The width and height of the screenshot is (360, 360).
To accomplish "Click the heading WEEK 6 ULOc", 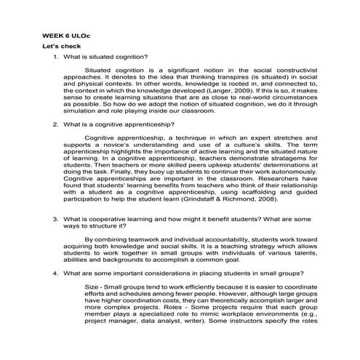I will tap(68, 34).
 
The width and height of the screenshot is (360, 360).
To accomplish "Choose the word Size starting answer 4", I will tap(93, 286).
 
